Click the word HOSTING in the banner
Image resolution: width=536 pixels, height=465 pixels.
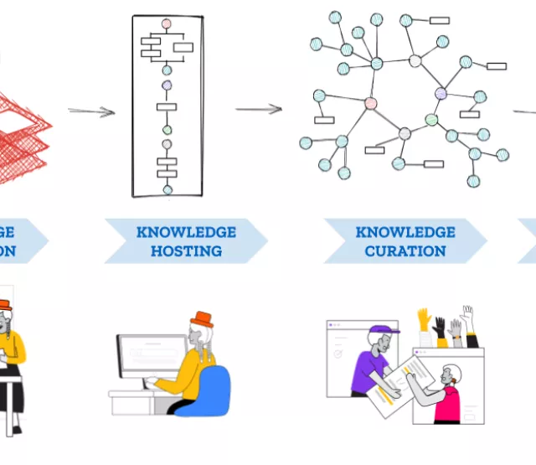pyautogui.click(x=186, y=251)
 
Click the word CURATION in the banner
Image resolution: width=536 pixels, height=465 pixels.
pyautogui.click(x=405, y=251)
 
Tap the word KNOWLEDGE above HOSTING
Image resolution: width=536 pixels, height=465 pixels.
pyautogui.click(x=186, y=232)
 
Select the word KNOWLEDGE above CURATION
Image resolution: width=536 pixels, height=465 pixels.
pyautogui.click(x=405, y=232)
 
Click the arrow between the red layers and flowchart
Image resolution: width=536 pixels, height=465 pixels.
pyautogui.click(x=91, y=111)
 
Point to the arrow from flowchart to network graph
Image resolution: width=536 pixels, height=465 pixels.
pyautogui.click(x=257, y=109)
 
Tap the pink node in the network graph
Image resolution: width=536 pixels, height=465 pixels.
pyautogui.click(x=370, y=103)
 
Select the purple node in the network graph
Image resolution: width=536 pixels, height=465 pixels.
pyautogui.click(x=441, y=94)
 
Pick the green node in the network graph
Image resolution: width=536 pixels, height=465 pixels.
pyautogui.click(x=431, y=120)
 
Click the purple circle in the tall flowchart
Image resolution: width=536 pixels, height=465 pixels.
pyautogui.click(x=167, y=85)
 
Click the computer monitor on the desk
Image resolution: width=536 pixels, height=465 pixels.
pyautogui.click(x=152, y=356)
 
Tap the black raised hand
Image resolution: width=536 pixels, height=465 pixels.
pyautogui.click(x=439, y=327)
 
